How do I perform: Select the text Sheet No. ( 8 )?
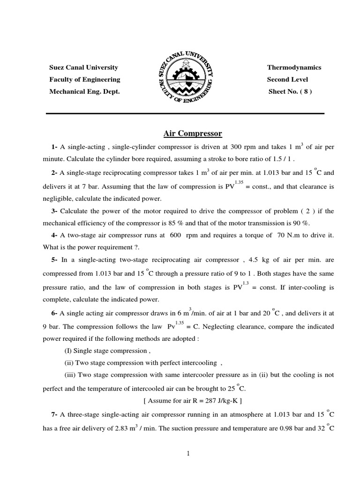[290, 91]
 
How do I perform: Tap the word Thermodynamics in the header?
[294, 67]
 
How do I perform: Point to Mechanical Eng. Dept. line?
[84, 91]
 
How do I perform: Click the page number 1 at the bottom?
[187, 454]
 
